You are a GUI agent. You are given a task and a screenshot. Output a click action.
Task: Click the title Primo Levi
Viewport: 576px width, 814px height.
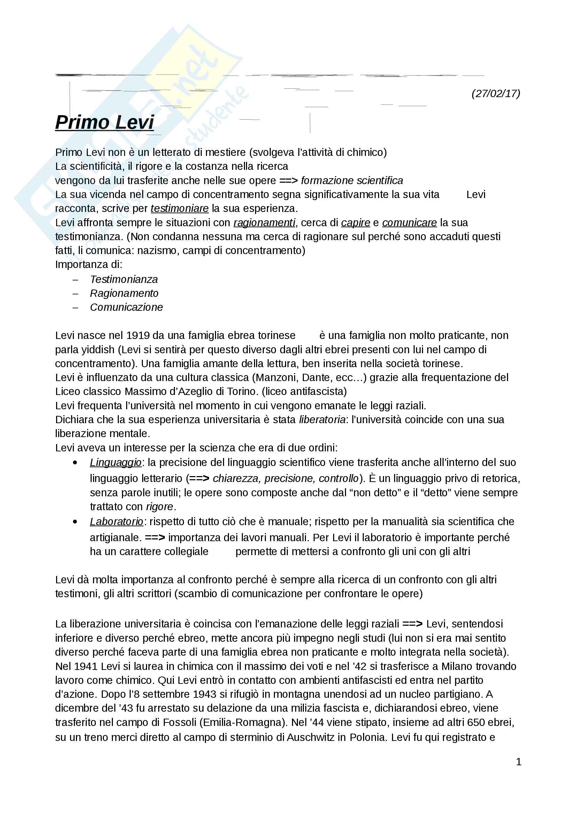[104, 122]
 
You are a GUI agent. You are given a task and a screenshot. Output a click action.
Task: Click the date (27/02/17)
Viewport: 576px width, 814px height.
[496, 94]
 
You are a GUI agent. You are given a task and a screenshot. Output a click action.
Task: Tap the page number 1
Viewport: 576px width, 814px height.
[519, 761]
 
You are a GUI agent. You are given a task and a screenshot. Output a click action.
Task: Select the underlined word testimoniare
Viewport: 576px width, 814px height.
[179, 208]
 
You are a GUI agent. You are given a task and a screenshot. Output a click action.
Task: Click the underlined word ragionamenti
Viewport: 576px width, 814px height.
[264, 223]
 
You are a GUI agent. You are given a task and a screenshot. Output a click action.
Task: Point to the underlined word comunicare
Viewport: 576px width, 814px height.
[409, 223]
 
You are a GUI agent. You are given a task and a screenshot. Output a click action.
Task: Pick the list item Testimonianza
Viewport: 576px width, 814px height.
[124, 279]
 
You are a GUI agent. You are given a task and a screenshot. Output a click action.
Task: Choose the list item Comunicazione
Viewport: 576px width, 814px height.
[126, 307]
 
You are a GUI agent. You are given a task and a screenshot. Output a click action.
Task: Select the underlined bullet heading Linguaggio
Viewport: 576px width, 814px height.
[115, 463]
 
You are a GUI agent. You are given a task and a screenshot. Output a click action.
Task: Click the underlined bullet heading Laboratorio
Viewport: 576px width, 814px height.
[116, 522]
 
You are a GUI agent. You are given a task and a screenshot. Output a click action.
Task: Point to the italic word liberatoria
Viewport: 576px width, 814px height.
[322, 420]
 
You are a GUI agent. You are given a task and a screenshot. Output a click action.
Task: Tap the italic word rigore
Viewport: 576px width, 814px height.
[160, 507]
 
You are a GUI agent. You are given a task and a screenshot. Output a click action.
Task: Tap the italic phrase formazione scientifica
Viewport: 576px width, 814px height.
[352, 181]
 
